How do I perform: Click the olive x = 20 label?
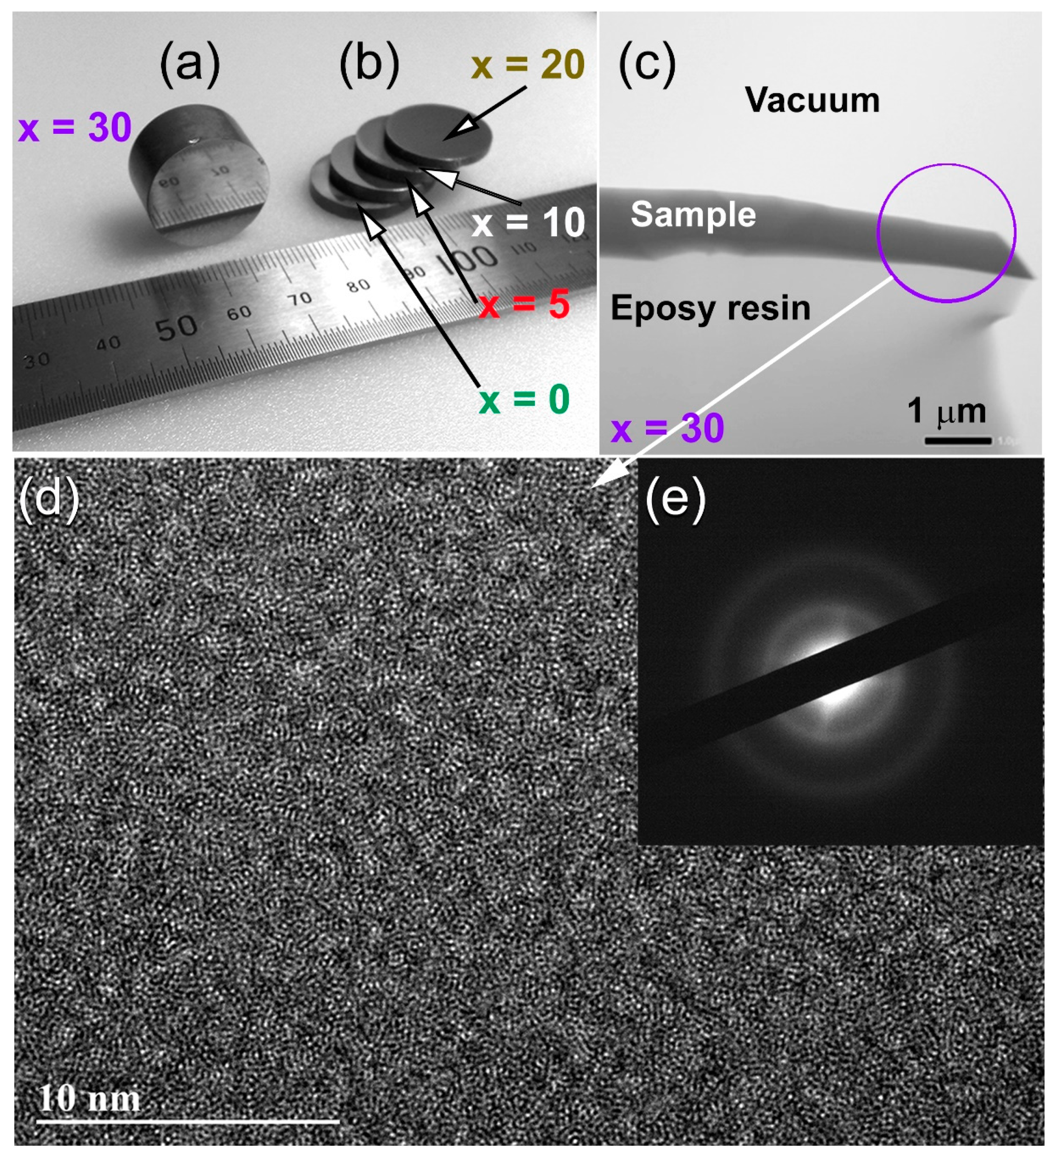527,65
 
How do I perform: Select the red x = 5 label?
524,304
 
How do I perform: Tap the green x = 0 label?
524,400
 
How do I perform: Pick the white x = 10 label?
527,223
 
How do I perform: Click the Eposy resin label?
711,308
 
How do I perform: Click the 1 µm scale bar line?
957,441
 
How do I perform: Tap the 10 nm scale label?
89,1098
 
